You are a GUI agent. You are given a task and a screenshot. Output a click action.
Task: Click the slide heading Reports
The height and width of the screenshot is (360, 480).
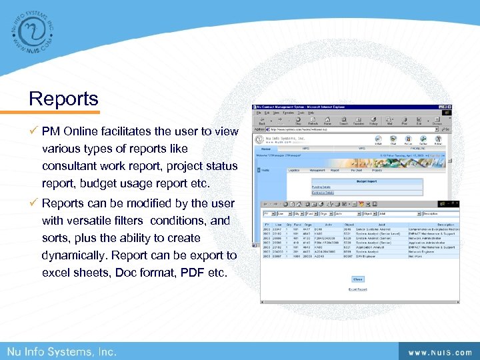tap(63, 99)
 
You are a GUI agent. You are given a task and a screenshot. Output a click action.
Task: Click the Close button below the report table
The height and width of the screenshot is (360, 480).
tap(357, 279)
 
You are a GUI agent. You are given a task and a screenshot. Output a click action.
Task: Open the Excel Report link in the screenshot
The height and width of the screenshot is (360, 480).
tap(357, 289)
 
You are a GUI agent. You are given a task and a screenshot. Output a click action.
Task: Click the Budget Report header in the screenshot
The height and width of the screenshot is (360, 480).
tap(366, 181)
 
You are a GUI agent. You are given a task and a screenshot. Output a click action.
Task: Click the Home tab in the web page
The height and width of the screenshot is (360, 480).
tap(265, 149)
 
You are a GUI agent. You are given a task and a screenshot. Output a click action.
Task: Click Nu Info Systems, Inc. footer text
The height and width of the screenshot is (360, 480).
tap(62, 351)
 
